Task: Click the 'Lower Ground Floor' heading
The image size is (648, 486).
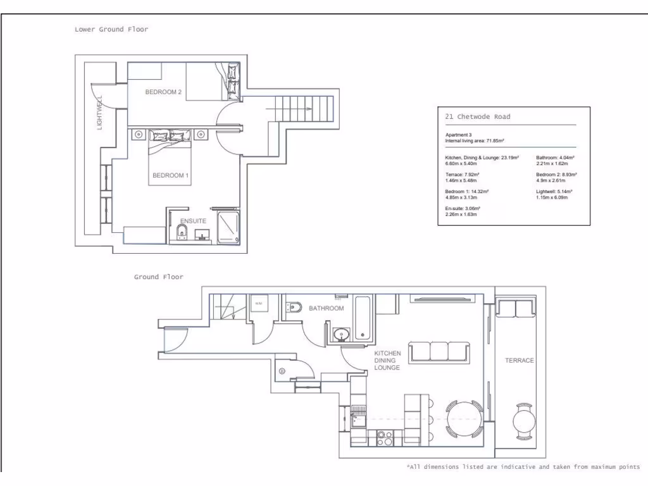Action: point(111,29)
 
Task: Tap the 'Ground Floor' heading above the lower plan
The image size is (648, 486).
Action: point(158,277)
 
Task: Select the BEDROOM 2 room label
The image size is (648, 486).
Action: point(163,92)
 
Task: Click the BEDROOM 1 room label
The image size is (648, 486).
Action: point(170,175)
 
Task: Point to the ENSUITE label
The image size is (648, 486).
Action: point(193,220)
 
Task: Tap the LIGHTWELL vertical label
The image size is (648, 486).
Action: point(99,113)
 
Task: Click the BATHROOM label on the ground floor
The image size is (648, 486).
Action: point(326,308)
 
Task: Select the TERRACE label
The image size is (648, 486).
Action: point(519,360)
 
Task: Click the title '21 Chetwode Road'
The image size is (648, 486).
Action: point(478,116)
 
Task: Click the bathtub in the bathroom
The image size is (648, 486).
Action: point(364,318)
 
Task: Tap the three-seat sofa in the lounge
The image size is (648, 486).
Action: point(439,352)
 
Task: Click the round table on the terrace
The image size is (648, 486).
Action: point(523,422)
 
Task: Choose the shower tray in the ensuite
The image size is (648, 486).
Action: point(228,228)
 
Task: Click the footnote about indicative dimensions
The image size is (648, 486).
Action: point(523,466)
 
